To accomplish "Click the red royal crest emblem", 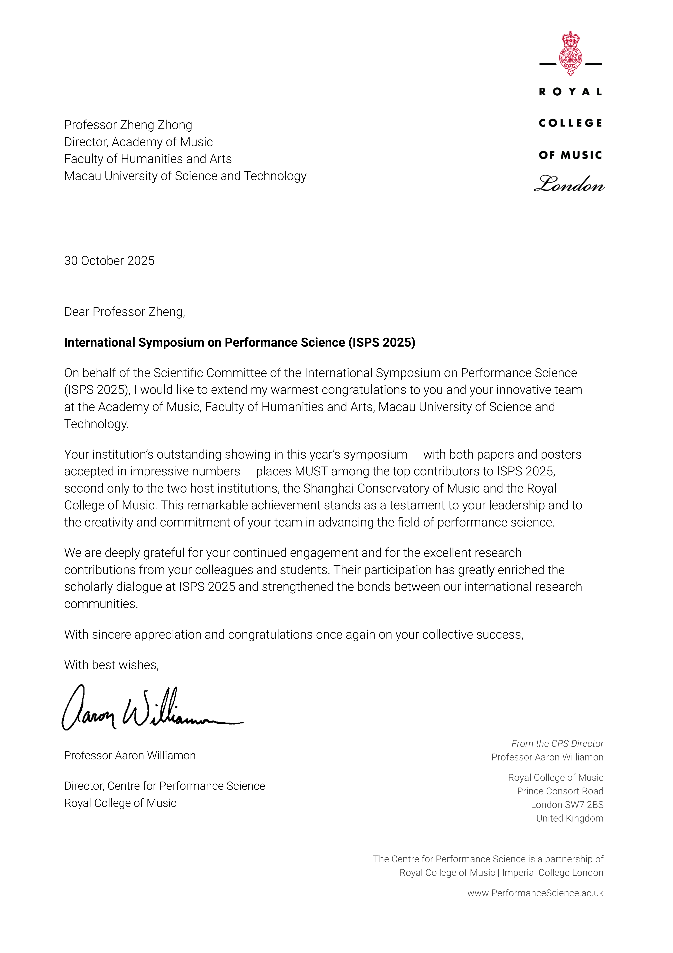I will tap(571, 53).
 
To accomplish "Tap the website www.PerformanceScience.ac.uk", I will tap(535, 893).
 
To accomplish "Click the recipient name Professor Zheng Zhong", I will tap(128, 125).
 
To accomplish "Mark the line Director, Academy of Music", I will tap(138, 142).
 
